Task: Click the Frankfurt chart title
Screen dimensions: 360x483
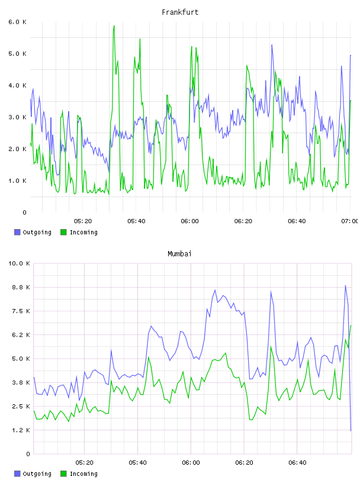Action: pyautogui.click(x=180, y=12)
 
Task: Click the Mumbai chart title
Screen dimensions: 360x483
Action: pyautogui.click(x=179, y=254)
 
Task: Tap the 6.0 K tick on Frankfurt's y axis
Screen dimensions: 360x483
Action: pyautogui.click(x=17, y=22)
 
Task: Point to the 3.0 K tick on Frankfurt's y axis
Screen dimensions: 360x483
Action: pyautogui.click(x=17, y=117)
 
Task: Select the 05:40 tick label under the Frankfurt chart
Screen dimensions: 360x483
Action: pyautogui.click(x=136, y=221)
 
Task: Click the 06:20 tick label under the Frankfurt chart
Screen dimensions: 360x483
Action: pyautogui.click(x=243, y=221)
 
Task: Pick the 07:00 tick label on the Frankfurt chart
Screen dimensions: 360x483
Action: pyautogui.click(x=349, y=221)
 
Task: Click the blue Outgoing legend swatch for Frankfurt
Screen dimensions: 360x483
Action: pyautogui.click(x=17, y=232)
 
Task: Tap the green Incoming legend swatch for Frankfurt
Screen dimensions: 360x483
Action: pyautogui.click(x=63, y=232)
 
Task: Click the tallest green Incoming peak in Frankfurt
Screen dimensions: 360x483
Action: pyautogui.click(x=114, y=26)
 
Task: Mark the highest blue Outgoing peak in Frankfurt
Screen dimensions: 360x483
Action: pyautogui.click(x=272, y=45)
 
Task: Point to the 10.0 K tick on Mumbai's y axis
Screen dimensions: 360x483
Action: pyautogui.click(x=19, y=263)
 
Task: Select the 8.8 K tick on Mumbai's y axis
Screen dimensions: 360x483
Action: pyautogui.click(x=21, y=287)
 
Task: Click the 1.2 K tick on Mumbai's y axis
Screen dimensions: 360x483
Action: pyautogui.click(x=21, y=430)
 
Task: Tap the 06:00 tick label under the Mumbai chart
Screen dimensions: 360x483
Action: pyautogui.click(x=191, y=462)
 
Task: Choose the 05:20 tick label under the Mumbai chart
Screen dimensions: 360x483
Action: pyautogui.click(x=84, y=462)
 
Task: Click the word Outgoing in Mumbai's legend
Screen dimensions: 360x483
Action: pyautogui.click(x=37, y=474)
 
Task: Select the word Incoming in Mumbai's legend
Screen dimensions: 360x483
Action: pyautogui.click(x=83, y=474)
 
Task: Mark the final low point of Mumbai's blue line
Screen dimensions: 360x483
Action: pyautogui.click(x=351, y=431)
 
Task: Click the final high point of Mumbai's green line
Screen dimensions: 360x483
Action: pyautogui.click(x=351, y=326)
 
